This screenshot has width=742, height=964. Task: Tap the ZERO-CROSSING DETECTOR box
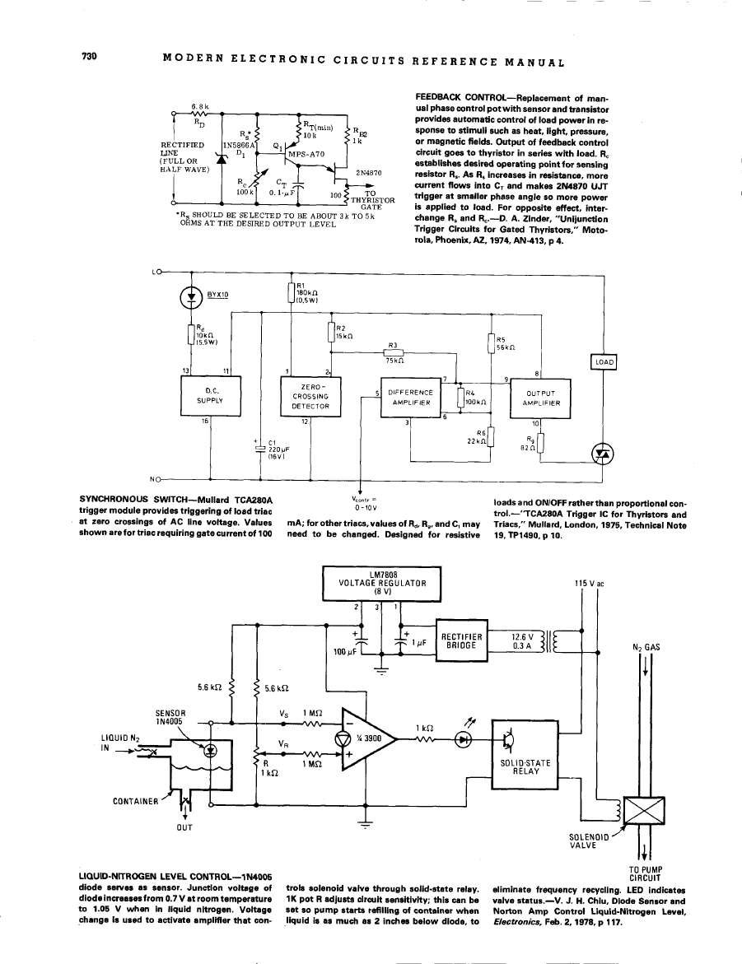click(306, 396)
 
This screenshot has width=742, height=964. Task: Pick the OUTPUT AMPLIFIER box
click(543, 398)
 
